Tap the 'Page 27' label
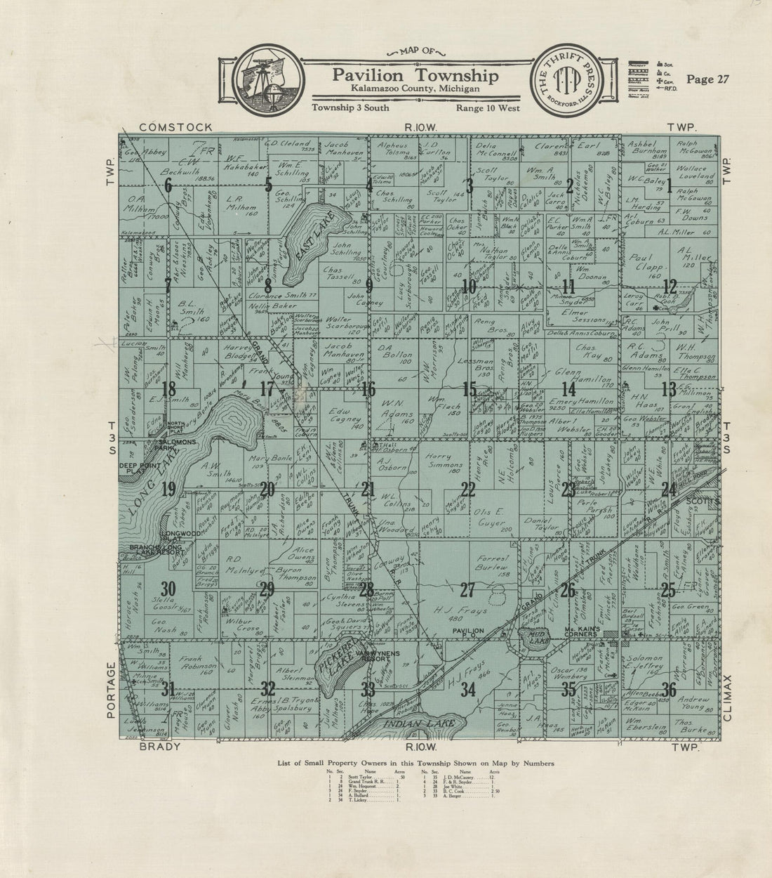(x=708, y=79)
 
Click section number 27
(x=467, y=590)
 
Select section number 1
(x=669, y=185)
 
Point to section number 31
(x=167, y=690)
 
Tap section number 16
(x=368, y=388)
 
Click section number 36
(x=669, y=690)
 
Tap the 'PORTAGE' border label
(x=109, y=689)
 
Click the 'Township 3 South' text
(x=351, y=108)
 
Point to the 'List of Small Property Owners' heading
(x=416, y=762)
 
